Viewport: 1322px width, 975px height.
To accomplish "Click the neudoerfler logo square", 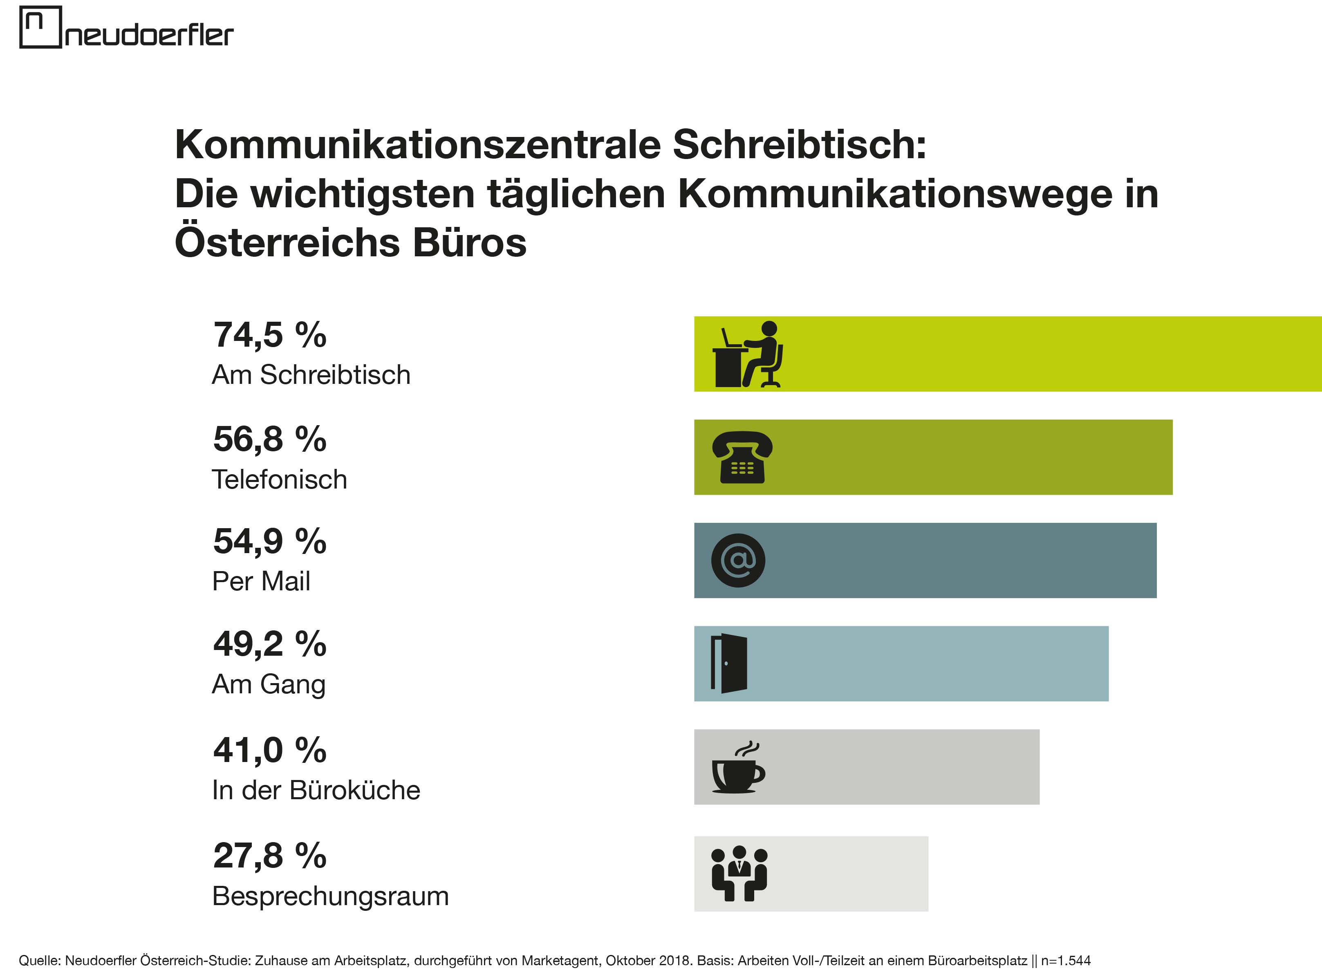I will coord(40,27).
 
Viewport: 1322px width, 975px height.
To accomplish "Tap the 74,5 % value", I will coord(270,335).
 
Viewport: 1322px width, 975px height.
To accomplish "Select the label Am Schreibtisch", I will coord(311,375).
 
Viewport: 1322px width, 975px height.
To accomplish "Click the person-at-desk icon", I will coord(748,354).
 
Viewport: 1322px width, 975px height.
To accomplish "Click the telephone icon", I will coord(742,457).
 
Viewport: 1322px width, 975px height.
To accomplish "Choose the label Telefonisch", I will coord(279,479).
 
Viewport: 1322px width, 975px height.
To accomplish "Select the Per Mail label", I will coord(261,581).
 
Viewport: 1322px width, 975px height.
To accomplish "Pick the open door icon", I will coord(729,663).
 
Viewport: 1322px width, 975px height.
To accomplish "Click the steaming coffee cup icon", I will coord(738,767).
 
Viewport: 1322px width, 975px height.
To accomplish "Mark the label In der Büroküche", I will coord(316,790).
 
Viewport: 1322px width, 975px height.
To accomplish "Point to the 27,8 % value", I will coord(270,855).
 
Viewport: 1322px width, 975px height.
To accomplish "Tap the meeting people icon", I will coord(739,874).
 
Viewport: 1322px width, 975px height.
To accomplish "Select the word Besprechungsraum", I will coord(330,896).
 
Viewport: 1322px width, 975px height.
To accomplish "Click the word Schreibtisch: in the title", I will coord(799,145).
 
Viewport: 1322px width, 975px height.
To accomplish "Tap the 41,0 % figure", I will coord(270,750).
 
